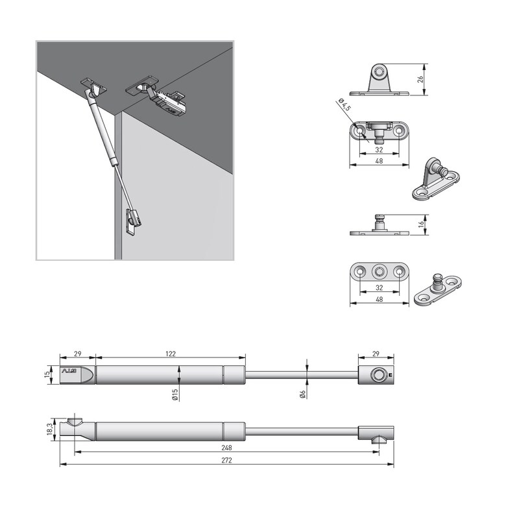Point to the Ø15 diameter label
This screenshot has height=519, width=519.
[x=175, y=394]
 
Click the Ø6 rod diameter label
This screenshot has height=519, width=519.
[x=303, y=394]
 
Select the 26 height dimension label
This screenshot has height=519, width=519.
[x=420, y=79]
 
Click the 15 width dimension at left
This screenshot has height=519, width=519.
[x=48, y=375]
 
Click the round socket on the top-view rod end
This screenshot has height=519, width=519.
[x=376, y=374]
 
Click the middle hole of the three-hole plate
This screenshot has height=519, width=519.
[x=380, y=271]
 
